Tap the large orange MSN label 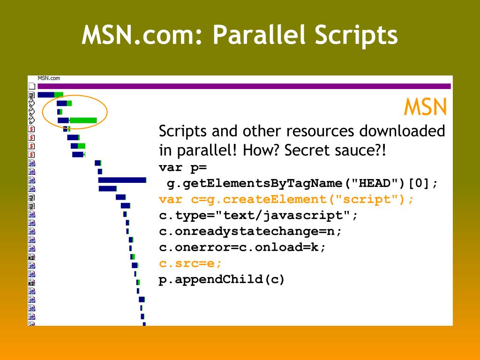click(425, 107)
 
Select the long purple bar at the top click(244, 86)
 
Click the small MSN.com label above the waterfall click(49, 78)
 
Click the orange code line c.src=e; click(190, 263)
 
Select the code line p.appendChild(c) click(222, 280)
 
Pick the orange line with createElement click(286, 199)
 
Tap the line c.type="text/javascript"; click(258, 216)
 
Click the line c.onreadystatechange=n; click(250, 232)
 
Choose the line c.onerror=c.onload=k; click(242, 247)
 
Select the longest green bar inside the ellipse click(83, 120)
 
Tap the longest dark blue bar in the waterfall click(122, 180)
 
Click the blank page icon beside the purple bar click(32, 86)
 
